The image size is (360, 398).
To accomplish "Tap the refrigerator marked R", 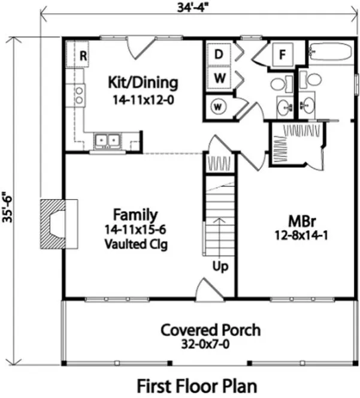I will pyautogui.click(x=84, y=56).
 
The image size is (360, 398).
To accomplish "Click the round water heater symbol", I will pyautogui.click(x=219, y=107).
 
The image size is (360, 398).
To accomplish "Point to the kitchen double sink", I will pyautogui.click(x=108, y=140).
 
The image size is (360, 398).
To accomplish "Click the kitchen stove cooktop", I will pyautogui.click(x=78, y=93).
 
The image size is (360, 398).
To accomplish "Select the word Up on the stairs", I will pyautogui.click(x=220, y=266).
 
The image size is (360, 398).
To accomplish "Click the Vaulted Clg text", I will pyautogui.click(x=135, y=244).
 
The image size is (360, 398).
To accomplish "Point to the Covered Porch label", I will pyautogui.click(x=210, y=330).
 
